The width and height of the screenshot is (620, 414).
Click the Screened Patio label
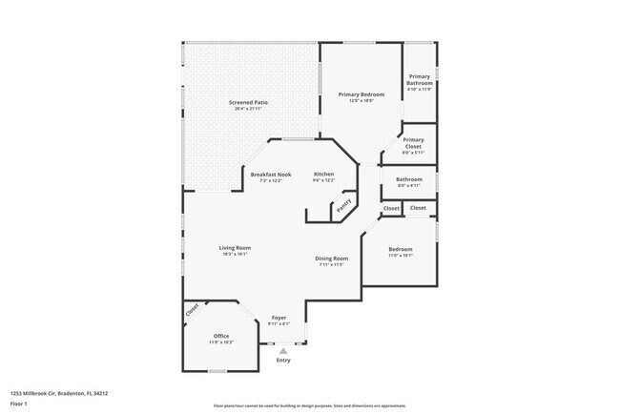247,102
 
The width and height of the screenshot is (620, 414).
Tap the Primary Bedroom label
362,94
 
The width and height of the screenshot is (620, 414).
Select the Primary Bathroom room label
420,80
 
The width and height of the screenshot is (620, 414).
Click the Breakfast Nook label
271,175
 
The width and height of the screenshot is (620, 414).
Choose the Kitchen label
324,175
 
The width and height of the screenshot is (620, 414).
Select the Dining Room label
333,259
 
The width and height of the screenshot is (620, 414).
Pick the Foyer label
279,318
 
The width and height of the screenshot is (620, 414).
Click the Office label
221,336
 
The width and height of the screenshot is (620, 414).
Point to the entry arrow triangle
282,351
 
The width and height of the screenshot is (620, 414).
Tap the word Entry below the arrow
282,361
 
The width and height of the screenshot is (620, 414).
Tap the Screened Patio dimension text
247,109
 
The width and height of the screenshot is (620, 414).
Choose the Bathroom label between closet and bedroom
409,178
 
